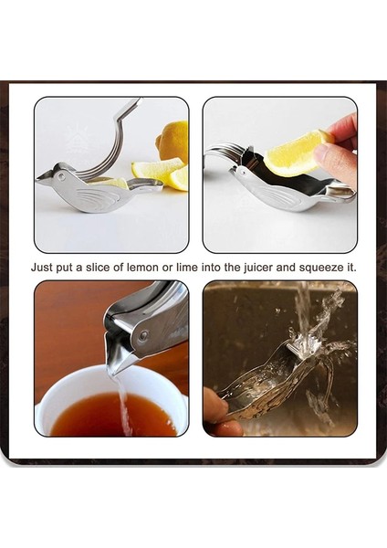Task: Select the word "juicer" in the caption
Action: point(261,268)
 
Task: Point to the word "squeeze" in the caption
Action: point(320,268)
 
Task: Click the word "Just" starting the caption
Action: point(42,268)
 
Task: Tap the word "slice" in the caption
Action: point(106,268)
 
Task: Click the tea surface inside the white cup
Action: point(110,416)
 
